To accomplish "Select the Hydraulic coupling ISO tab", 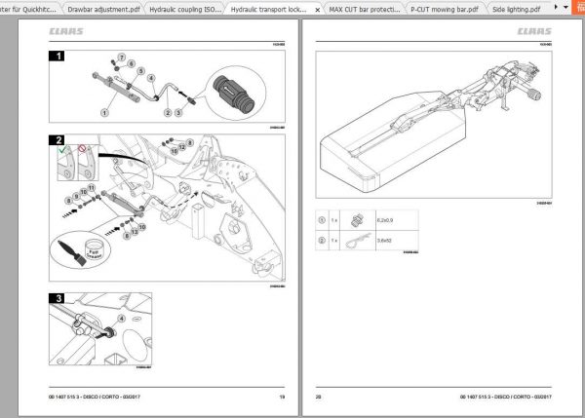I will click(185, 8).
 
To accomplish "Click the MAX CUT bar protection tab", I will click(363, 8).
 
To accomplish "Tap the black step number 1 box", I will click(58, 57).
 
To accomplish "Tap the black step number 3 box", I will click(58, 299).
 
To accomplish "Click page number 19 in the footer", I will click(282, 398).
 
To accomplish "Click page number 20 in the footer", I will click(318, 398).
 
